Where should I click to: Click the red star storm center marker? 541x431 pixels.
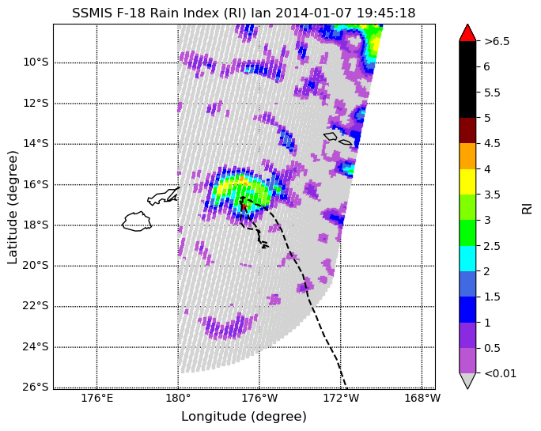pyautogui.click(x=244, y=206)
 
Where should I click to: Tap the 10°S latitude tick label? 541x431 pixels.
pyautogui.click(x=36, y=62)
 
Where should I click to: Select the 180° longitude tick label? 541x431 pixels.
pyautogui.click(x=178, y=399)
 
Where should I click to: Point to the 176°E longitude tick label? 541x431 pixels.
pyautogui.click(x=97, y=399)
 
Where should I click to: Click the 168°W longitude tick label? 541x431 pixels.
pyautogui.click(x=422, y=399)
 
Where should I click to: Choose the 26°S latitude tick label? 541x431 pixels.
pyautogui.click(x=36, y=388)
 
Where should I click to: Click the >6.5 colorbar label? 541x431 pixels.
pyautogui.click(x=497, y=41)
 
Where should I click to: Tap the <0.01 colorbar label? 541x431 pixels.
pyautogui.click(x=501, y=373)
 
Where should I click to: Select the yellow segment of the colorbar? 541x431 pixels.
pyautogui.click(x=467, y=182)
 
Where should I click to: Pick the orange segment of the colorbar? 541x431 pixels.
pyautogui.click(x=467, y=157)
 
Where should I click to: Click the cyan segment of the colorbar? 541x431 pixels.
pyautogui.click(x=467, y=259)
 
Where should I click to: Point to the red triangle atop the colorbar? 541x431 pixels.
pyautogui.click(x=467, y=32)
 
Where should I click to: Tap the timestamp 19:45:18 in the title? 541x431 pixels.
pyautogui.click(x=386, y=13)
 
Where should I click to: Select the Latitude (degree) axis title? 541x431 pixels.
pyautogui.click(x=12, y=208)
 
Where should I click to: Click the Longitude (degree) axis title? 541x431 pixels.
pyautogui.click(x=244, y=417)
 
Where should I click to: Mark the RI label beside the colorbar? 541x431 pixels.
pyautogui.click(x=527, y=209)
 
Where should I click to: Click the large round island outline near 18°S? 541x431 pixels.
pyautogui.click(x=137, y=221)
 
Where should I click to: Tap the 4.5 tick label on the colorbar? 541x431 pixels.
pyautogui.click(x=492, y=144)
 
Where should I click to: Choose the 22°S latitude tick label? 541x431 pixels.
pyautogui.click(x=36, y=306)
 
